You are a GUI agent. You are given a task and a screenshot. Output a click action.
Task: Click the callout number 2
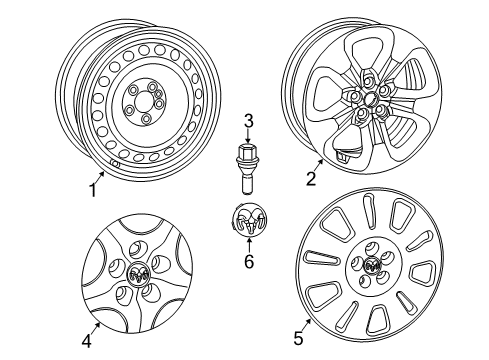311,179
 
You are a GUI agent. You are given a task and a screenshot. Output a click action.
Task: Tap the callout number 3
248,122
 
